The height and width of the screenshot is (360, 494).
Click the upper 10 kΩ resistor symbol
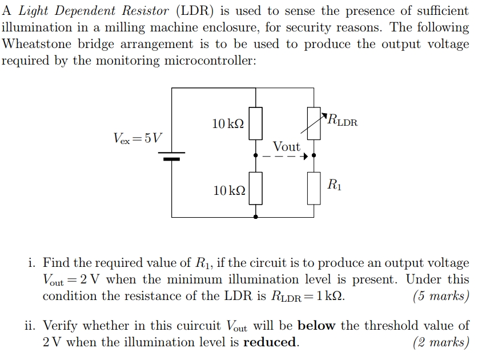255,123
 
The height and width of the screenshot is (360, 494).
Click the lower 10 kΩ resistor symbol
255,189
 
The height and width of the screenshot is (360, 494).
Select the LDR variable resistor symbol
314,123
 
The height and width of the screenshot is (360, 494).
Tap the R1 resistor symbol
314,189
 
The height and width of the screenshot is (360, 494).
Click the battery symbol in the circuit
172,156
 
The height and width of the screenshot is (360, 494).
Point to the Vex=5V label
138,138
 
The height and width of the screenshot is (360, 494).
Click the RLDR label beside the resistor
343,121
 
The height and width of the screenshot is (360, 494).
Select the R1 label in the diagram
335,184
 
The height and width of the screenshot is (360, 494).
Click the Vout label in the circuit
286,146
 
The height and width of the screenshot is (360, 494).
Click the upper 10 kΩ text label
228,123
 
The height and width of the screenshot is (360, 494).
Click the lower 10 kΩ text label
229,190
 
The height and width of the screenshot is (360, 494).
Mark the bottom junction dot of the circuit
255,217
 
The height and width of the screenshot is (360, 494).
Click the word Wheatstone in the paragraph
37,44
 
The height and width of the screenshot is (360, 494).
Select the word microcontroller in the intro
210,61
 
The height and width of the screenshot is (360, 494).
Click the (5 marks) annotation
440,296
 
